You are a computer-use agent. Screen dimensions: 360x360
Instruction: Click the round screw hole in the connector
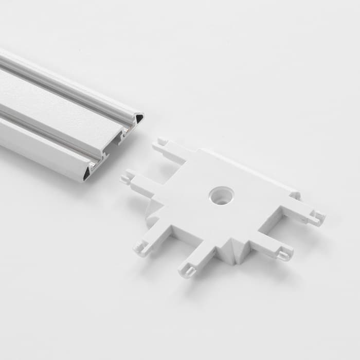(222, 195)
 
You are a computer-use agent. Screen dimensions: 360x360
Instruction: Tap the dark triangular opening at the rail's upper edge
(139, 118)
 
